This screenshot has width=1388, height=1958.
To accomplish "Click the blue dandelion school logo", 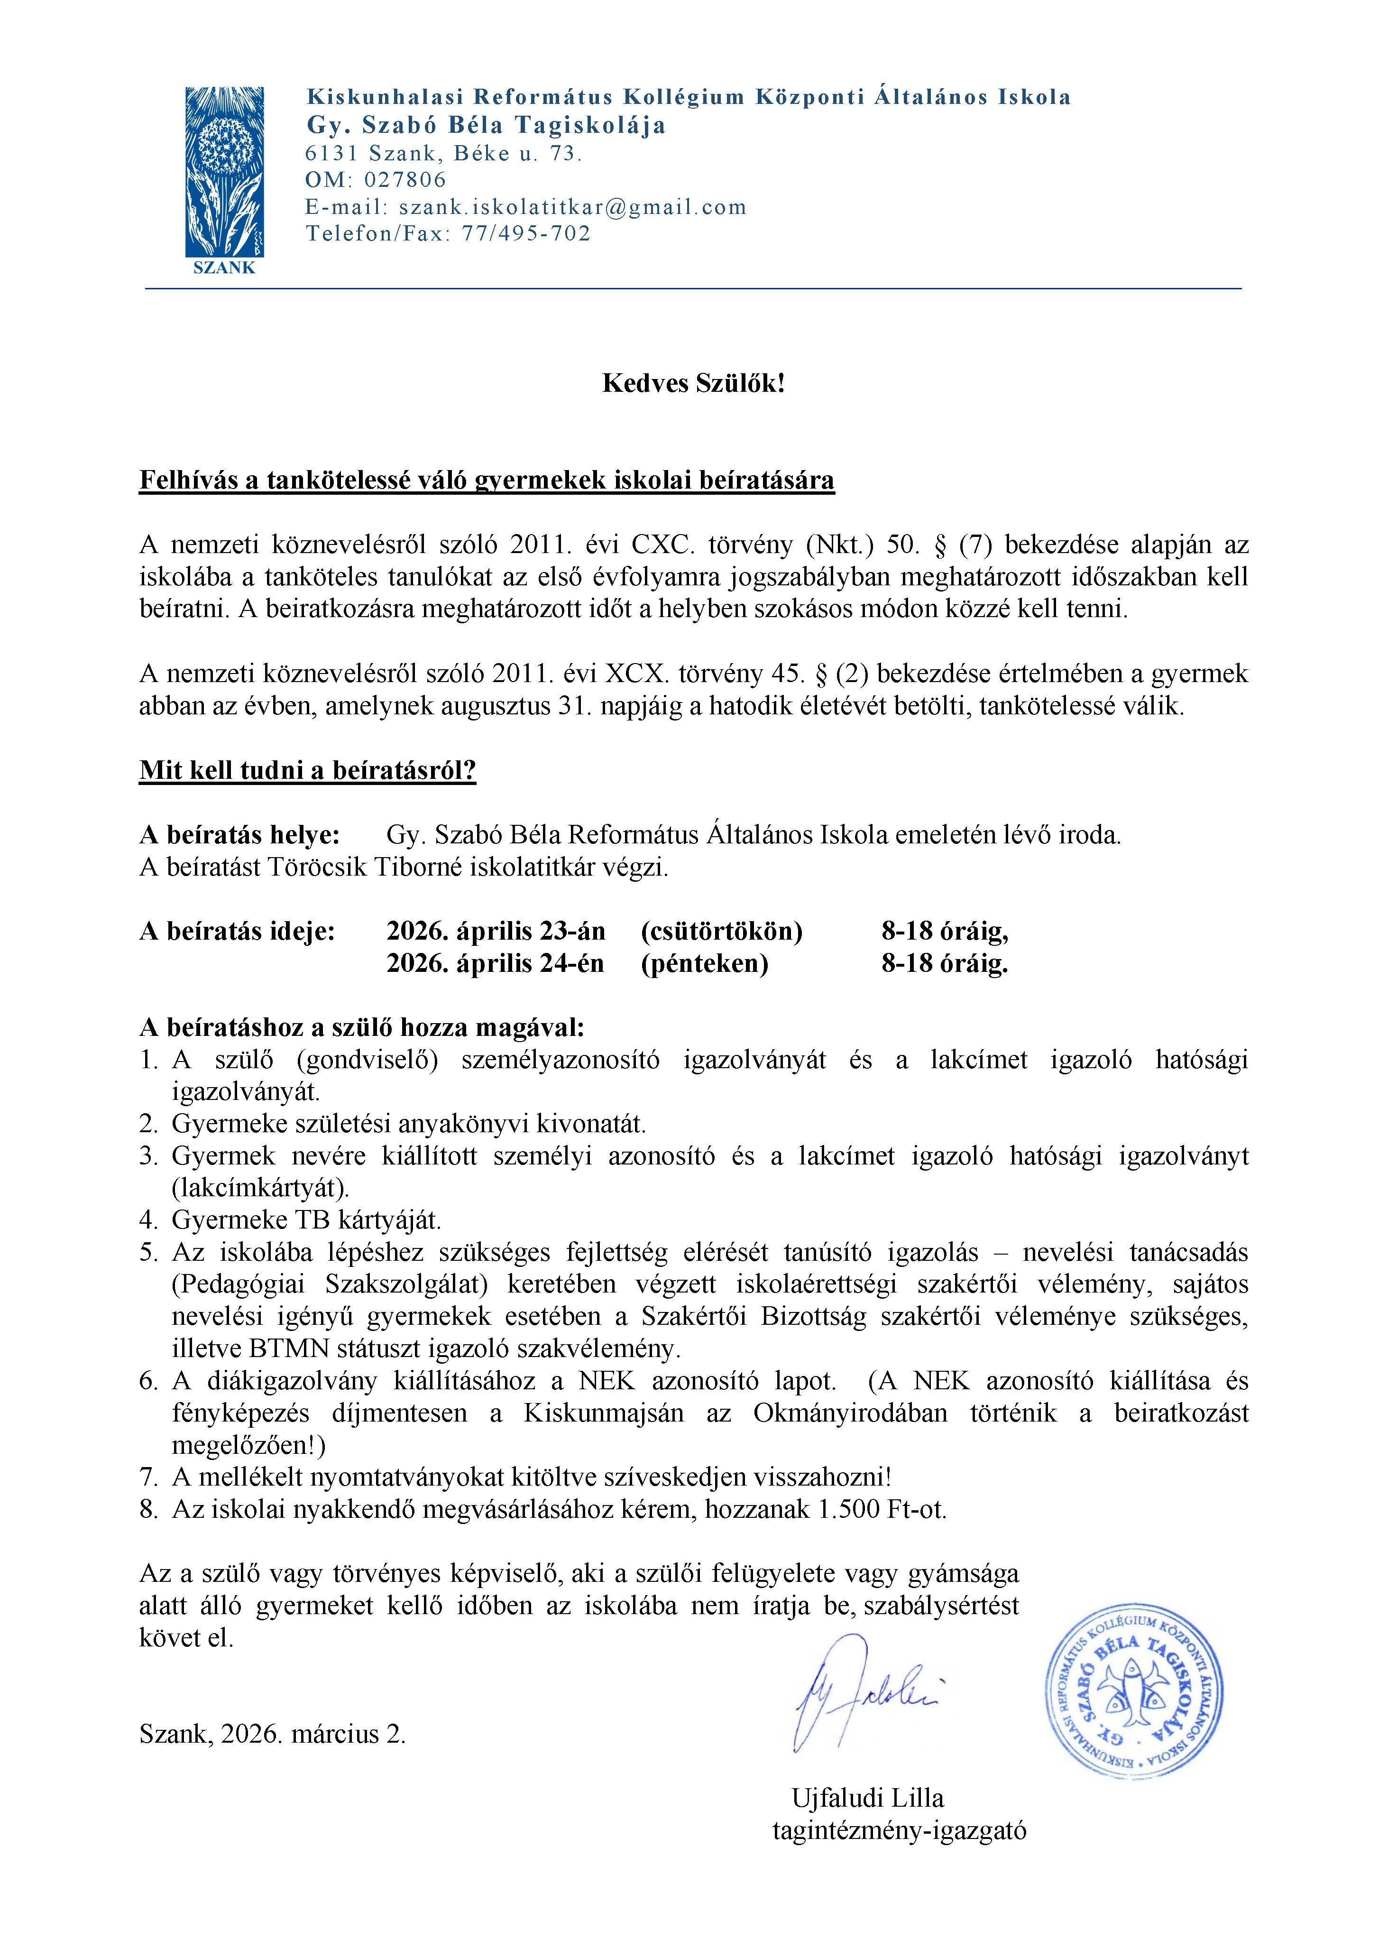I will [224, 171].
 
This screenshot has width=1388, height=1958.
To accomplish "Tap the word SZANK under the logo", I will [224, 268].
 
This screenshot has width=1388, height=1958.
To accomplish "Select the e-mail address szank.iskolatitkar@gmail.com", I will [573, 207].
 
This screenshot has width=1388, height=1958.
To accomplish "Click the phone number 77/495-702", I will [526, 233].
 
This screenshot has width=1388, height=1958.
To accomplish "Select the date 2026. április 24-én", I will [495, 963].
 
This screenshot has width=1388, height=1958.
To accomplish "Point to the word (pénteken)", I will [704, 963].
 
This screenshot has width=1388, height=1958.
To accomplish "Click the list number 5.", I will [149, 1253].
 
